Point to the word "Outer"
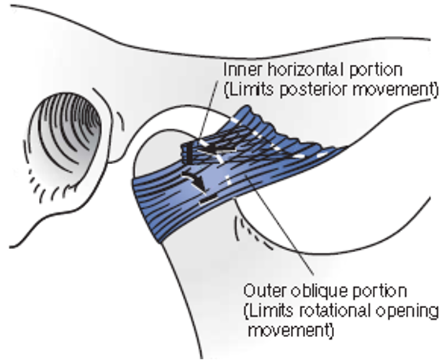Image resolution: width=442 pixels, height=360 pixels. (x=261, y=292)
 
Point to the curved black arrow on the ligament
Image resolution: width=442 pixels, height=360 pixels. (x=195, y=181)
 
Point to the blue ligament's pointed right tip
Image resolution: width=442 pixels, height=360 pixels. (x=348, y=147)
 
